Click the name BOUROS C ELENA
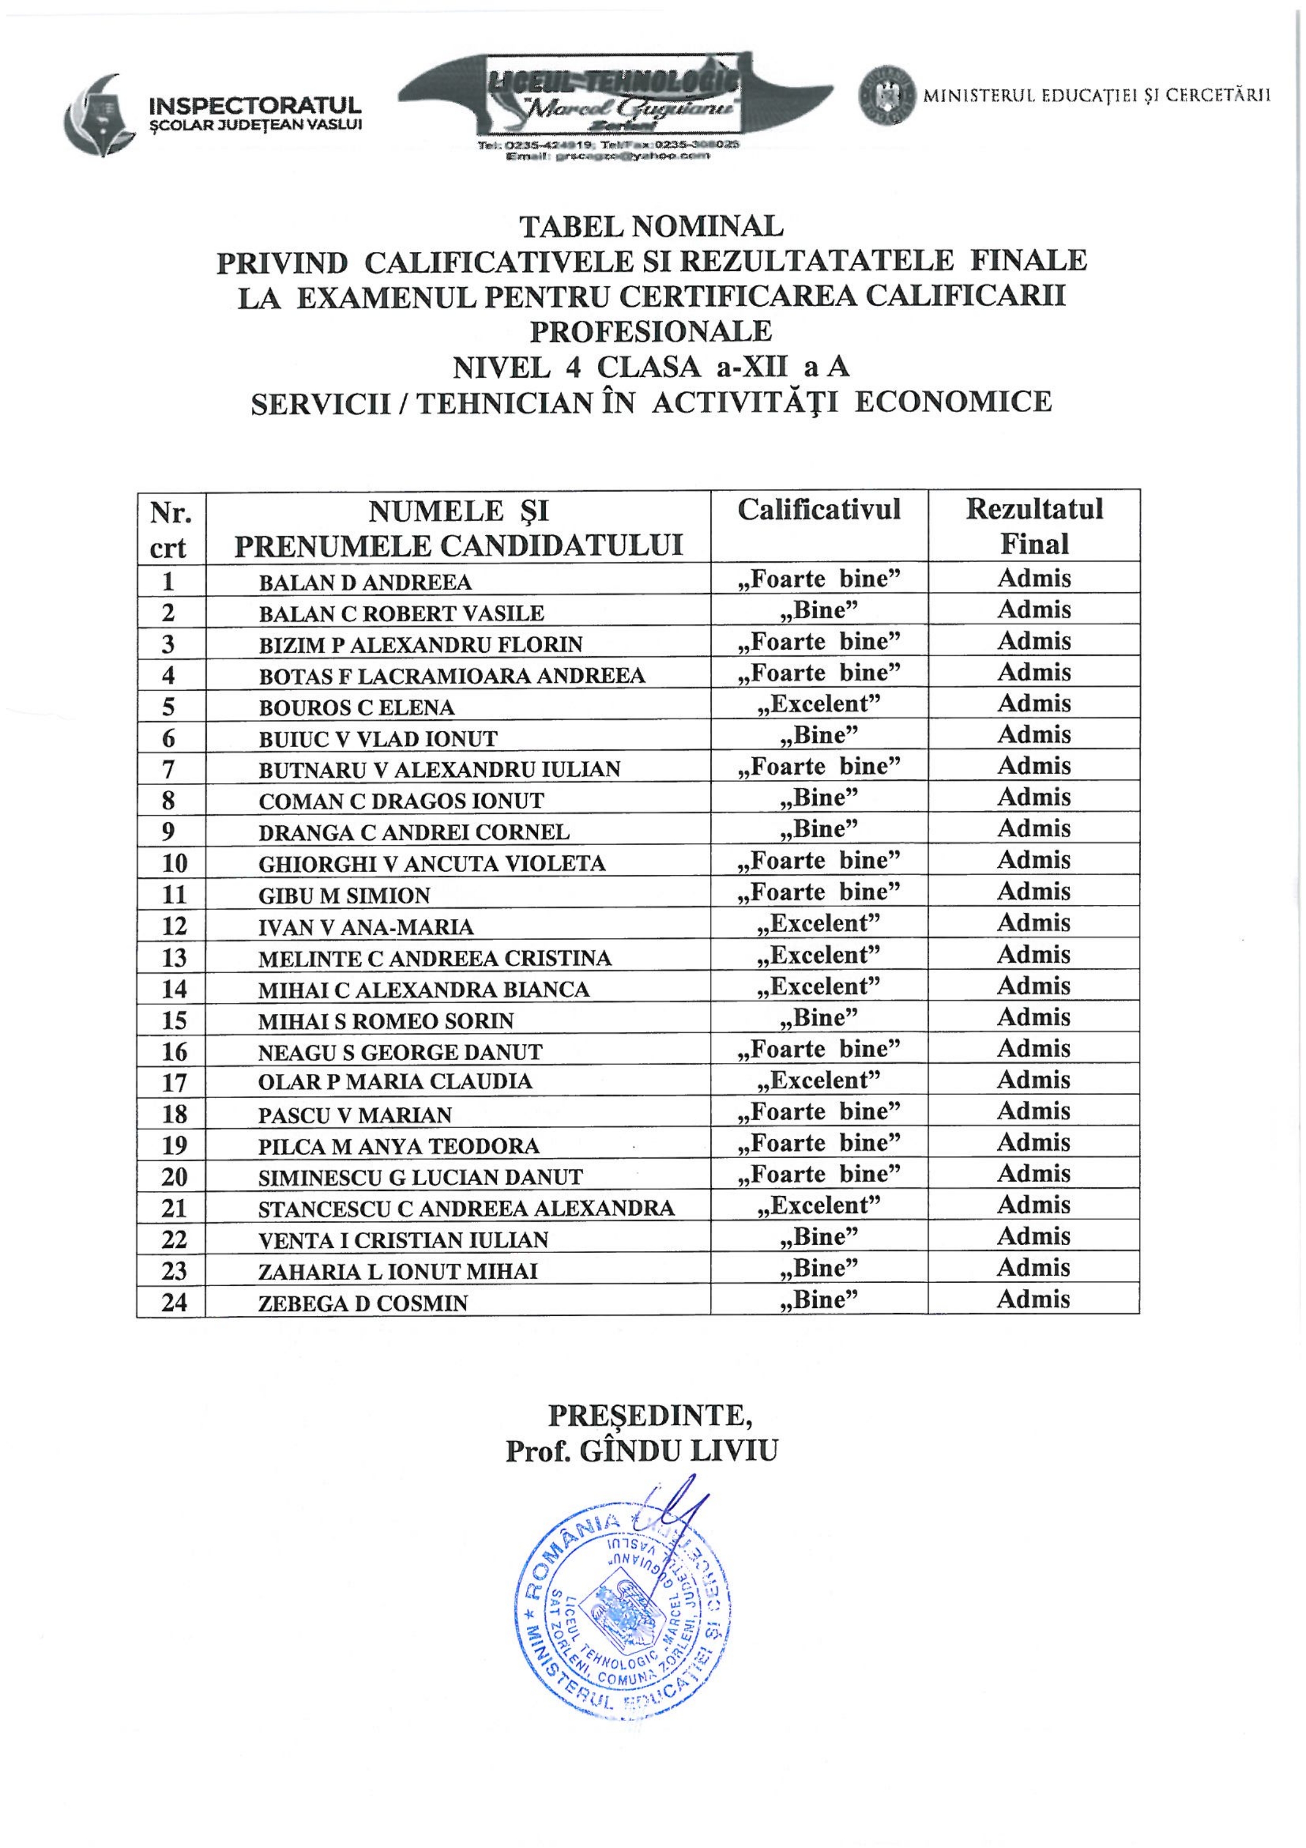[x=357, y=708]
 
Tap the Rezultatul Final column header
[x=1034, y=526]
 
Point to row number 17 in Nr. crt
[x=174, y=1082]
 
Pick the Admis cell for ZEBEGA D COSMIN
[x=1034, y=1299]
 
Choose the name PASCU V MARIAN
[x=355, y=1115]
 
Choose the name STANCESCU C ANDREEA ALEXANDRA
[x=466, y=1209]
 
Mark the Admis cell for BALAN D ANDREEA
[x=1034, y=578]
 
